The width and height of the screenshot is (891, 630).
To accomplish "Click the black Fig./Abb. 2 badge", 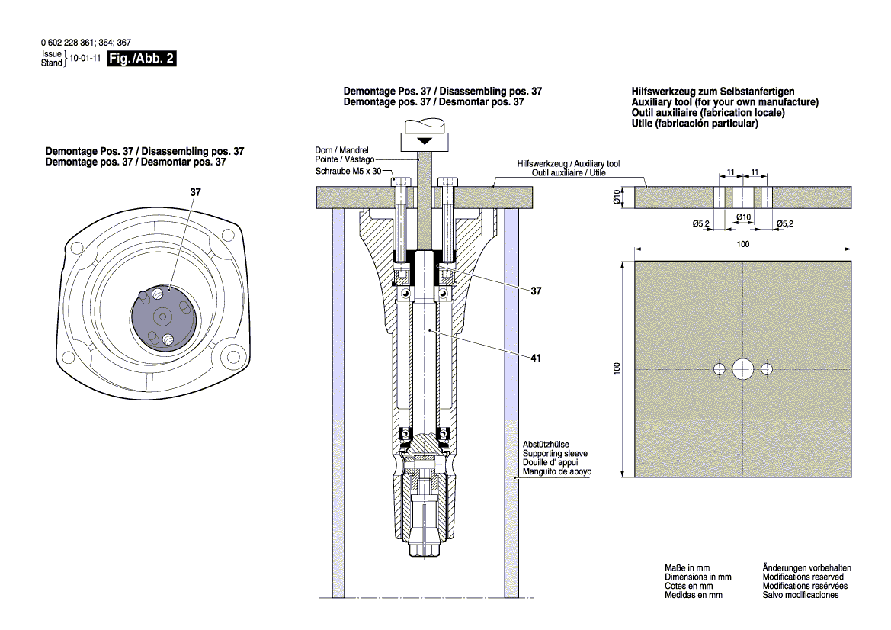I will tap(143, 59).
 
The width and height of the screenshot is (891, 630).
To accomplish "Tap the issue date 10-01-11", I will tap(86, 58).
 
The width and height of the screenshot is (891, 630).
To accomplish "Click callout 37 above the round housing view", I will tap(195, 193).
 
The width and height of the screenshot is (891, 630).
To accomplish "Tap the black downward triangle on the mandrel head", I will tap(424, 141).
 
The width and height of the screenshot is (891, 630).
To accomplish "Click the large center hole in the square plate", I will tap(742, 369).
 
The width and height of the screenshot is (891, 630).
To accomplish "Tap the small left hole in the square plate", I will tap(719, 369).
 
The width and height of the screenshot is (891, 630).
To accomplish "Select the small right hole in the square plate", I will tap(766, 369).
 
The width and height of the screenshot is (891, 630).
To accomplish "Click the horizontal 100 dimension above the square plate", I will tap(742, 244).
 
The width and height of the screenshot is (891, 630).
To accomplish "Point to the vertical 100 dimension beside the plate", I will tap(617, 368).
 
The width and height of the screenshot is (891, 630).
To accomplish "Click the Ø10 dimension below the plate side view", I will tap(743, 218).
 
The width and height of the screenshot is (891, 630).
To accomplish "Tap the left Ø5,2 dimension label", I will tap(701, 223).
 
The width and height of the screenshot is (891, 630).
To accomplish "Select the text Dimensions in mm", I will tap(697, 577).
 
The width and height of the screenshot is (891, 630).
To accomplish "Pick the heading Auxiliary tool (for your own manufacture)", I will tap(725, 102).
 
